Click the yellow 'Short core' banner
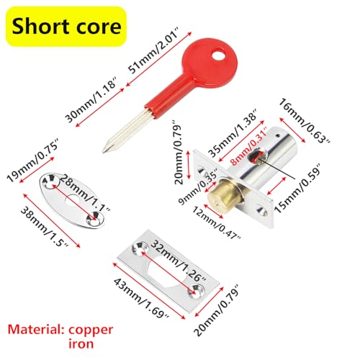coord(66,27)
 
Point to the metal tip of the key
coord(104,150)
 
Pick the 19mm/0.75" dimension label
coord(33,160)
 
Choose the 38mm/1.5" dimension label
coord(45,228)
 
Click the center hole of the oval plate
coord(72,201)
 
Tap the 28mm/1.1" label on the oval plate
coord(84,193)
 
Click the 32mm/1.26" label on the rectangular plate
coord(178,261)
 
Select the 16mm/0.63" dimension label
coord(305,121)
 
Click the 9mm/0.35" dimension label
coord(197,186)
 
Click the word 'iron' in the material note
coord(81,343)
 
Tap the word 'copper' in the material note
coord(91,330)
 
